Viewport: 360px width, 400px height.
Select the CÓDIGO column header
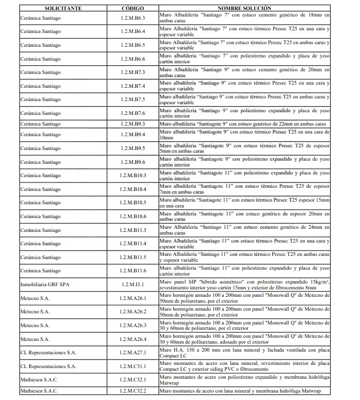[x=132, y=9]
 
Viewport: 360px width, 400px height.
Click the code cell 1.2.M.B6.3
[x=132, y=18]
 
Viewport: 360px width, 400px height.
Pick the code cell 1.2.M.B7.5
[x=132, y=99]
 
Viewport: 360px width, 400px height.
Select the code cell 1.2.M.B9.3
[x=132, y=124]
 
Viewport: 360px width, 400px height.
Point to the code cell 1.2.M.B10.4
[x=132, y=189]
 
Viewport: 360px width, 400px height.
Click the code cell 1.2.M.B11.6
[x=132, y=271]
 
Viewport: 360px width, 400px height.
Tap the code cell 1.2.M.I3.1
[x=132, y=285]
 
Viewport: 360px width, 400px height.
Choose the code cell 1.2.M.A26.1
[x=132, y=298]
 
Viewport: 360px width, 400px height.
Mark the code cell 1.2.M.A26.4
[x=132, y=339]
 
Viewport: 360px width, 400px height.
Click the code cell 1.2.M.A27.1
[x=132, y=353]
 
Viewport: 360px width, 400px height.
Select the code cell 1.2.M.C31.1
[x=132, y=366]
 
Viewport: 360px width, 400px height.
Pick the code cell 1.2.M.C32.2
[x=132, y=391]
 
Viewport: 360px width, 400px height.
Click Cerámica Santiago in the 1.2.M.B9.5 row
[x=40, y=148]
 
